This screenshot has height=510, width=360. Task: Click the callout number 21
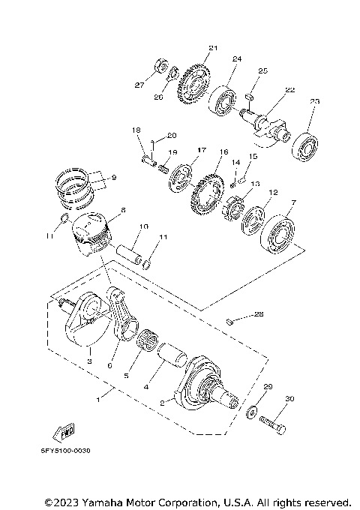[x=212, y=49]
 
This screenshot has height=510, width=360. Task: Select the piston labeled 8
[x=93, y=232]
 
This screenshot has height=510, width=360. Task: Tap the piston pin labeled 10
[x=130, y=250]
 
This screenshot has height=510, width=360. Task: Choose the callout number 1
[x=97, y=399]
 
